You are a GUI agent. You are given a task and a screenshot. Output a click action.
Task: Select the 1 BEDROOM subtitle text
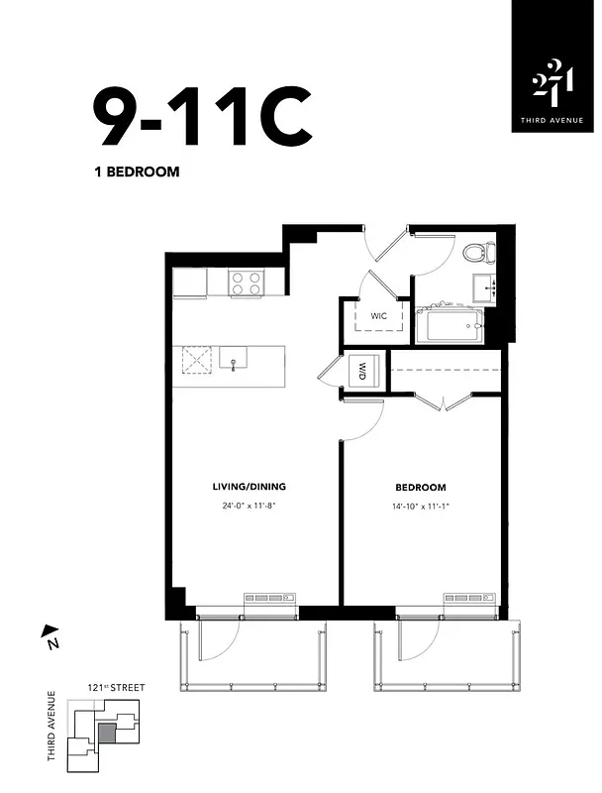(x=136, y=171)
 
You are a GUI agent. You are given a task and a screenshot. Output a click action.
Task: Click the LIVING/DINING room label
(x=249, y=487)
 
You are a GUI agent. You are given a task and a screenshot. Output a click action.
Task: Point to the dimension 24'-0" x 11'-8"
(x=249, y=505)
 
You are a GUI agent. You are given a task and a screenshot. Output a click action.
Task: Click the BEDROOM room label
(x=420, y=488)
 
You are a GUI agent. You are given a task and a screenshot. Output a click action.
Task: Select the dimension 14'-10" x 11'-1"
(x=420, y=505)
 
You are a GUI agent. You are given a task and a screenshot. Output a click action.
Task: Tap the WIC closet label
(x=378, y=316)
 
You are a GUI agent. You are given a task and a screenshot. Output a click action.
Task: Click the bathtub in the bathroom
(x=449, y=324)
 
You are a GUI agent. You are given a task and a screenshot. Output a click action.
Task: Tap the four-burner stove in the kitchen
(x=246, y=283)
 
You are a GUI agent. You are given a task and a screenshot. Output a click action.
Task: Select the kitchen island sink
(x=234, y=360)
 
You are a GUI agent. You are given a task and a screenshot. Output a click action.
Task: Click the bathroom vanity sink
(x=485, y=287)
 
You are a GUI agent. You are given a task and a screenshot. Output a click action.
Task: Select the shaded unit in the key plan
(x=107, y=733)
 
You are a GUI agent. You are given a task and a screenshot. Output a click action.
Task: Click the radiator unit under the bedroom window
(x=465, y=600)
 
